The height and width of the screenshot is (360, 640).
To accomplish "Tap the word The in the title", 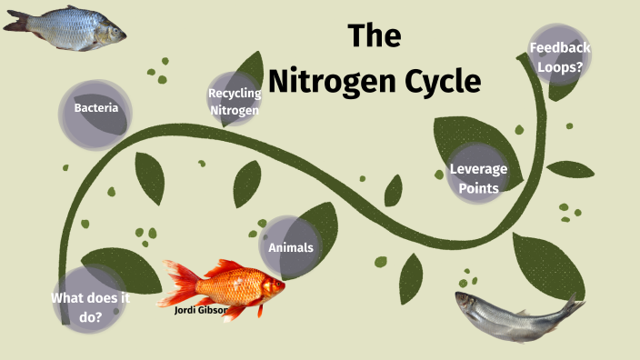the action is (375, 37).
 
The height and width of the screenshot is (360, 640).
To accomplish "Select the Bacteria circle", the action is (96, 110).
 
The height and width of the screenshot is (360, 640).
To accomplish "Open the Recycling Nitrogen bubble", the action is (235, 101).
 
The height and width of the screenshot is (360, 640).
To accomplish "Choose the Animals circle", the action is (290, 247).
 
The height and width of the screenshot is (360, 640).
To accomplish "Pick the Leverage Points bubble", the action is (478, 178).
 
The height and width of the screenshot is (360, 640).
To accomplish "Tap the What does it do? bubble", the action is (88, 307).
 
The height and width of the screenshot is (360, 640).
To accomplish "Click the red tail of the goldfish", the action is (178, 284).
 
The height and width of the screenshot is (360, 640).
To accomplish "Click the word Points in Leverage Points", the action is (478, 188).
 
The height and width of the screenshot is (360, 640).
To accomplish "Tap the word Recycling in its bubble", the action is (235, 93).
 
